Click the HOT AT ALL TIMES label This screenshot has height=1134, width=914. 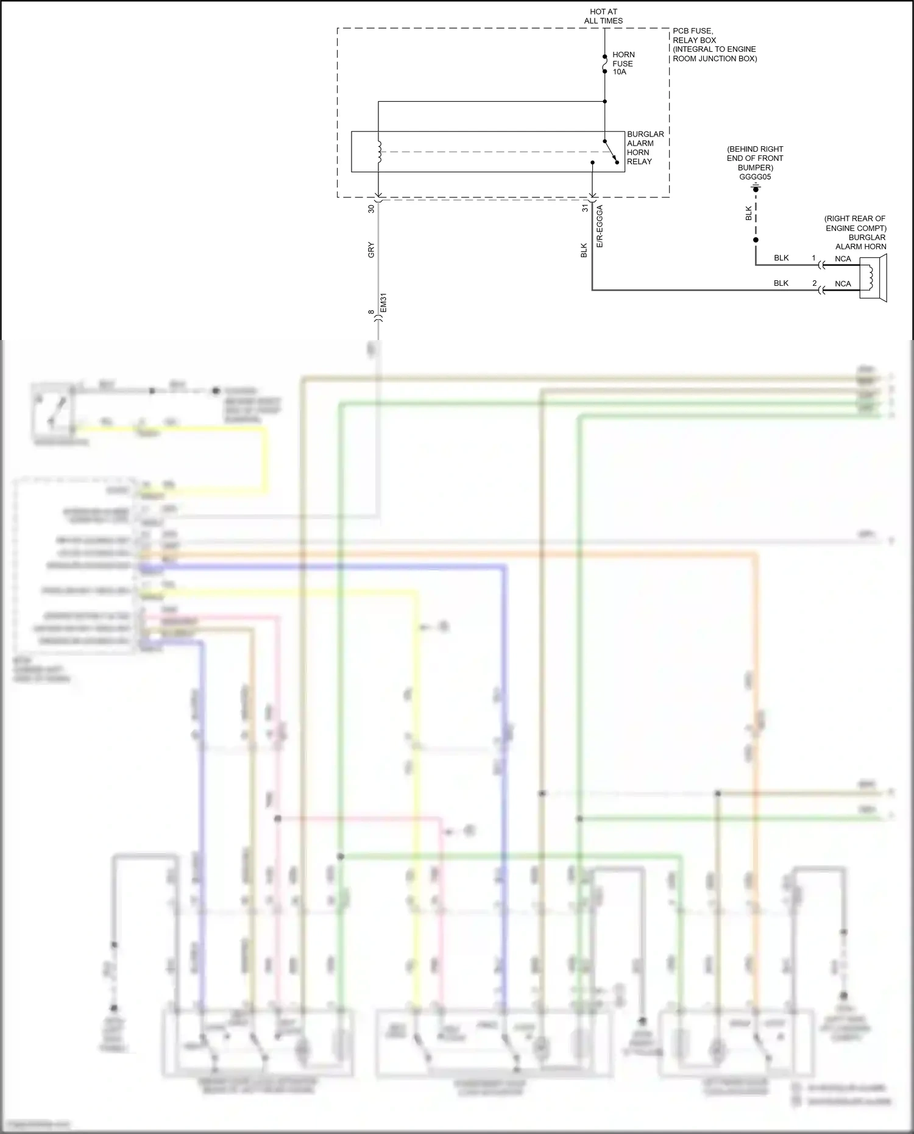[603, 16]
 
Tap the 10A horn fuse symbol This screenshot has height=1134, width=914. [604, 63]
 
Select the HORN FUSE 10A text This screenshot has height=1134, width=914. [623, 63]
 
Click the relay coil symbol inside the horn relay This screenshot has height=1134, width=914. [378, 152]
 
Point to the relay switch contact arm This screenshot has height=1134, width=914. [611, 151]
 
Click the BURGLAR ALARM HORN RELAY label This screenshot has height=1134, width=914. [645, 148]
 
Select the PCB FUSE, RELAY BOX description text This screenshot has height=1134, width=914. [714, 45]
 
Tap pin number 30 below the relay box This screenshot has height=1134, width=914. [371, 208]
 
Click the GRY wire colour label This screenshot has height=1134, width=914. [371, 250]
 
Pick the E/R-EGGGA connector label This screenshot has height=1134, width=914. [600, 226]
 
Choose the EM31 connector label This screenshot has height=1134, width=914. [383, 303]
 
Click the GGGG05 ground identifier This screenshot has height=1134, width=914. [755, 177]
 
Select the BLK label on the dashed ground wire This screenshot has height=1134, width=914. [749, 213]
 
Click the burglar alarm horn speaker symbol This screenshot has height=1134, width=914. [873, 278]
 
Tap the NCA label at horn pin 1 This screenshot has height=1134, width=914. [843, 259]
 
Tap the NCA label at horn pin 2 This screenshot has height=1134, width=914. [843, 284]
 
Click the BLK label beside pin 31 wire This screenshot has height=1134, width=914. [584, 250]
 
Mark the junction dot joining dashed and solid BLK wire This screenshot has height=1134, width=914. [756, 240]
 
